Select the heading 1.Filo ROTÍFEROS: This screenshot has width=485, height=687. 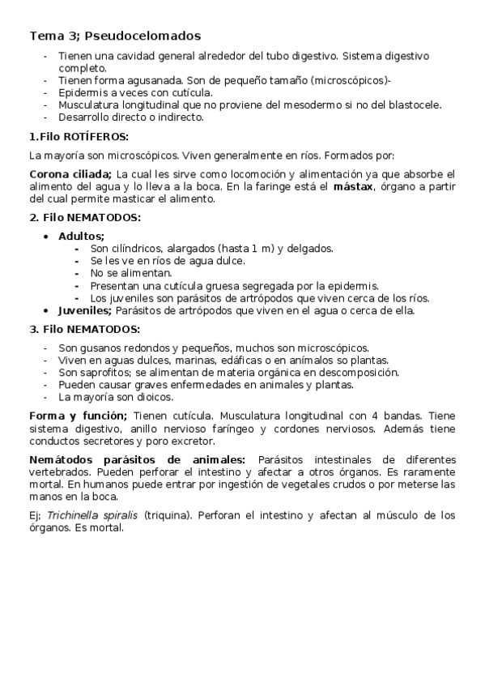(79, 135)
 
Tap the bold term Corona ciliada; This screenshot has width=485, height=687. (70, 174)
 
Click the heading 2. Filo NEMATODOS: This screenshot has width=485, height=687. (85, 217)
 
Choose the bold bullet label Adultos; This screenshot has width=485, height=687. (81, 236)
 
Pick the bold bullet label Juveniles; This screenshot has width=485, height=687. (85, 309)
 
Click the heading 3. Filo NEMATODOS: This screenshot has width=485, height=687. (85, 329)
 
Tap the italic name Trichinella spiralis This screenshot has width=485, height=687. (92, 514)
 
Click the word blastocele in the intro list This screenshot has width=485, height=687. (415, 105)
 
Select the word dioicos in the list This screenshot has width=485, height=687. (155, 397)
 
